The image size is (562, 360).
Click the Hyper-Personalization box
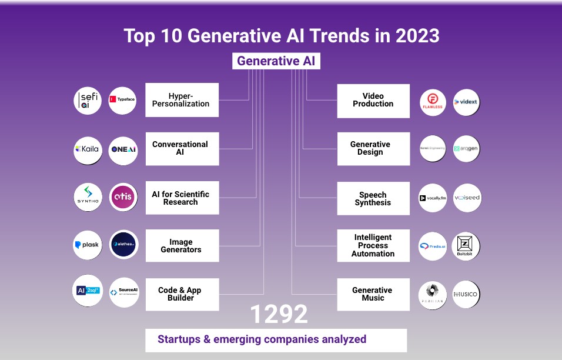(182, 100)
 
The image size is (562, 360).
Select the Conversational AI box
(182, 148)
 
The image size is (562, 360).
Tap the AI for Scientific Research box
(182, 198)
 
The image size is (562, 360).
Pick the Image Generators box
(182, 246)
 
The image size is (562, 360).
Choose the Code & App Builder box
(182, 294)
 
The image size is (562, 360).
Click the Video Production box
(373, 100)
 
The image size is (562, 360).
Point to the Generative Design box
(373, 148)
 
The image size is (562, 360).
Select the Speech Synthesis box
(373, 198)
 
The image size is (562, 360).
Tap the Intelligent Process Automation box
(373, 246)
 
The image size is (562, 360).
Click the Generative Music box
(373, 294)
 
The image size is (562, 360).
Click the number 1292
(279, 315)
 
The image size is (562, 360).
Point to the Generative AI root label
(276, 61)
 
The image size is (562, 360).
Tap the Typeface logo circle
(123, 100)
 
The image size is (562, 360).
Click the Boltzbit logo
(465, 246)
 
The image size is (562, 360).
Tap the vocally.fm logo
(433, 198)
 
